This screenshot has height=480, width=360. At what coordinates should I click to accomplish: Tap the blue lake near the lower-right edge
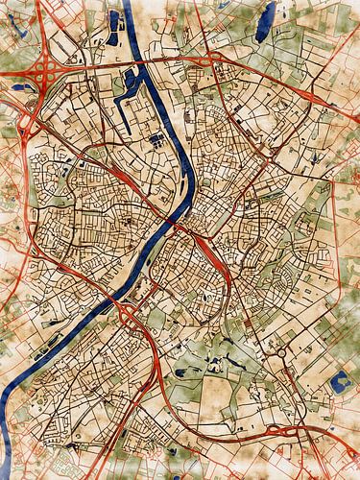pos(338,383)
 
